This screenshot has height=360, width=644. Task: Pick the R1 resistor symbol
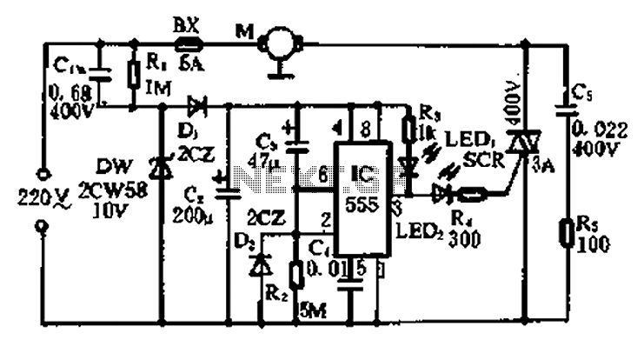pos(133,75)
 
